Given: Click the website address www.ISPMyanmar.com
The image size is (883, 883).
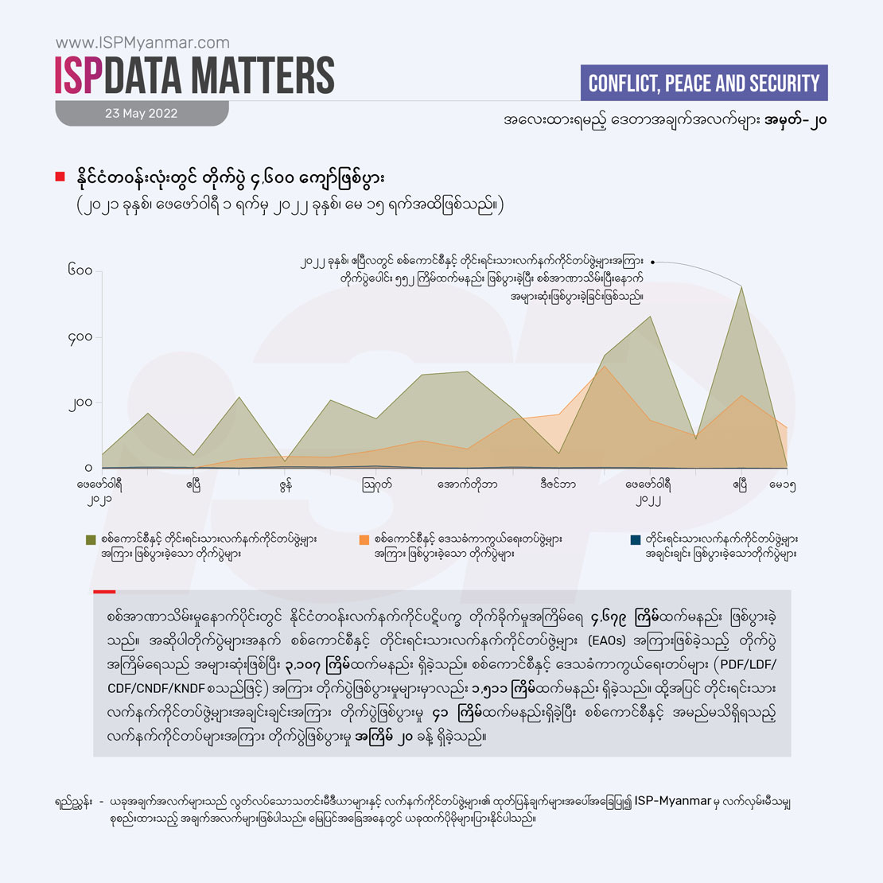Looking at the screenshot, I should [142, 43].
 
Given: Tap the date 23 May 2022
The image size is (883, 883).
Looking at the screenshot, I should [141, 113].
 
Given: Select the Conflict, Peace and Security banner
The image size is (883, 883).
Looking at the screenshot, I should [704, 84].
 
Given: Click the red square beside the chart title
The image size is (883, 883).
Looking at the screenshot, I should [60, 177].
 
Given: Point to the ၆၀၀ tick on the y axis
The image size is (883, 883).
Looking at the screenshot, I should [80, 271].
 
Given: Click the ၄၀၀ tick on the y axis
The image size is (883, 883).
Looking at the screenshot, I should [80, 337].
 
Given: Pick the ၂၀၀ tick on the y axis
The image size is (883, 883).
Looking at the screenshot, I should [80, 403].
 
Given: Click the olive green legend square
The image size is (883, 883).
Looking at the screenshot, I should [91, 539].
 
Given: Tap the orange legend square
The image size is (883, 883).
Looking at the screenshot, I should [364, 539].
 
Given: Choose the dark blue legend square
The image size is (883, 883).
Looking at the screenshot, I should [635, 539].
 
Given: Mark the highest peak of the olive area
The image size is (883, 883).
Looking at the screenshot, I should [741, 287].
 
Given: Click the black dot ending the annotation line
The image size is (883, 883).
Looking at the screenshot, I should [652, 261].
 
